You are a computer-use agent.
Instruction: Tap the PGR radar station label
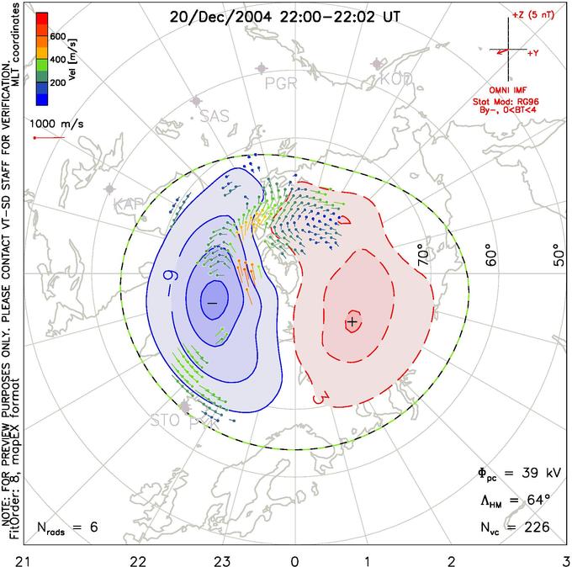point(281,83)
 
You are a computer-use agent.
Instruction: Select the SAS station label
point(214,117)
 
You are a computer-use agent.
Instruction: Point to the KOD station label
point(396,79)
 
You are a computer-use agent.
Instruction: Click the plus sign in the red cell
point(352,321)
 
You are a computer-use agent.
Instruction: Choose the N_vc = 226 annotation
point(509,527)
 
